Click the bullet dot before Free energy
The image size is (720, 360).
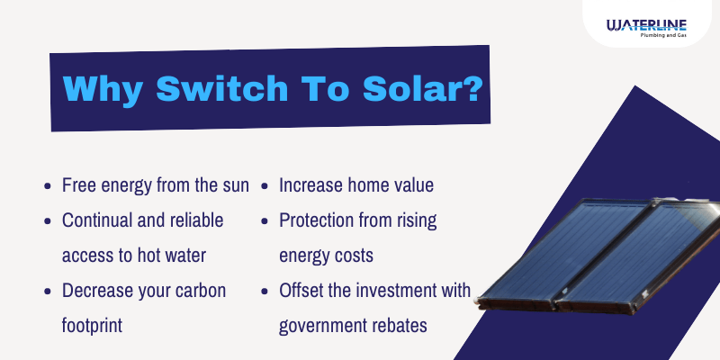(x=47, y=186)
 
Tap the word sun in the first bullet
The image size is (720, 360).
(x=233, y=185)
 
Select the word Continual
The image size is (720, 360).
(x=97, y=220)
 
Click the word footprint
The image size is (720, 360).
(x=92, y=326)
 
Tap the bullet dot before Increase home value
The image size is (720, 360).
(x=265, y=186)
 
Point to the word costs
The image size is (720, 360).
(x=351, y=256)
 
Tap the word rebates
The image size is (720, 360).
(x=400, y=326)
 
